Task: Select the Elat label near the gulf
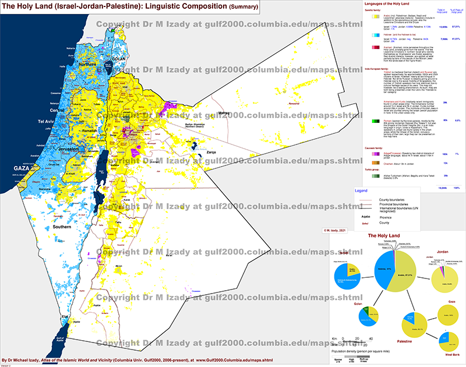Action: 66,317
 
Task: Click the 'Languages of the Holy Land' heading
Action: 383,5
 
